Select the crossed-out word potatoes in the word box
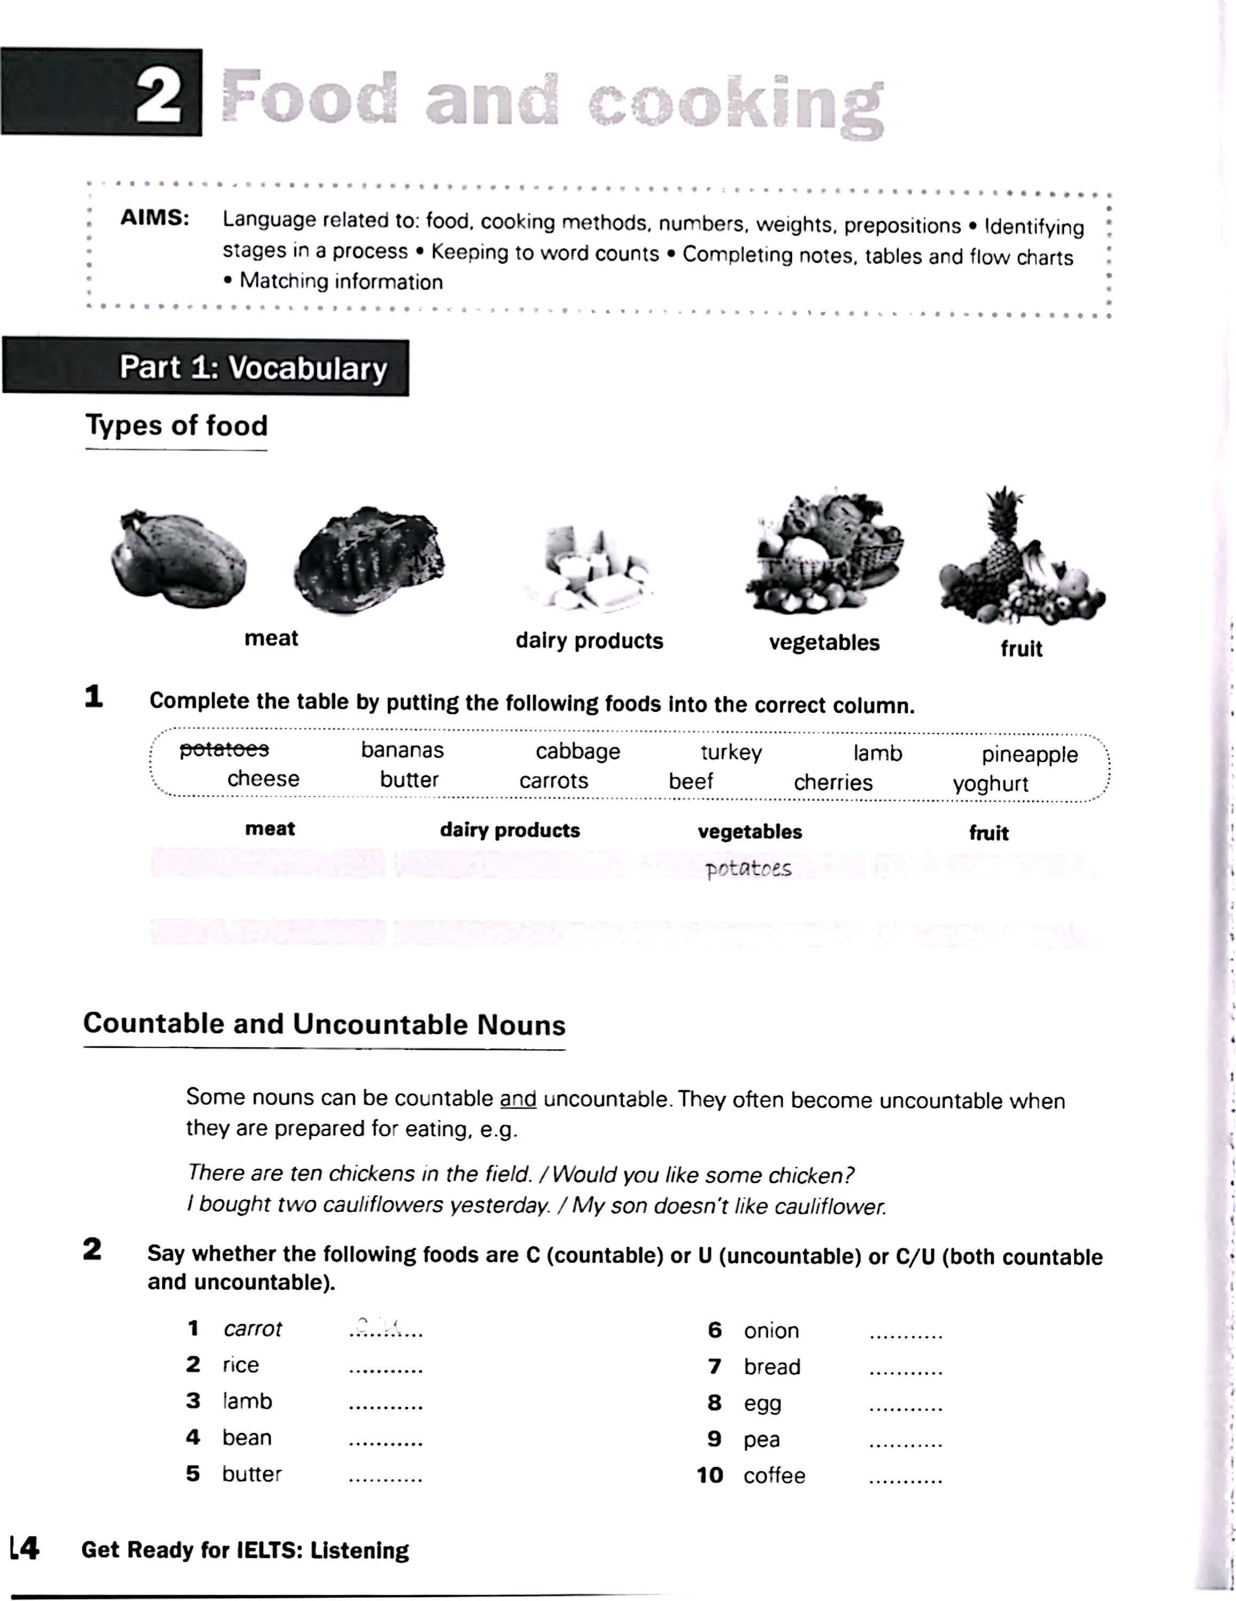point(224,749)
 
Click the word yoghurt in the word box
point(991,783)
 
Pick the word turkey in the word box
point(731,752)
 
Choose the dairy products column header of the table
point(510,830)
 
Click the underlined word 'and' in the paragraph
point(518,1099)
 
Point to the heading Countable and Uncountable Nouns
point(324,1024)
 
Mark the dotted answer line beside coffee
point(905,1481)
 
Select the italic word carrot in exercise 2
point(252,1329)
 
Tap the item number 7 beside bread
point(715,1366)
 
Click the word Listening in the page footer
point(359,1550)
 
